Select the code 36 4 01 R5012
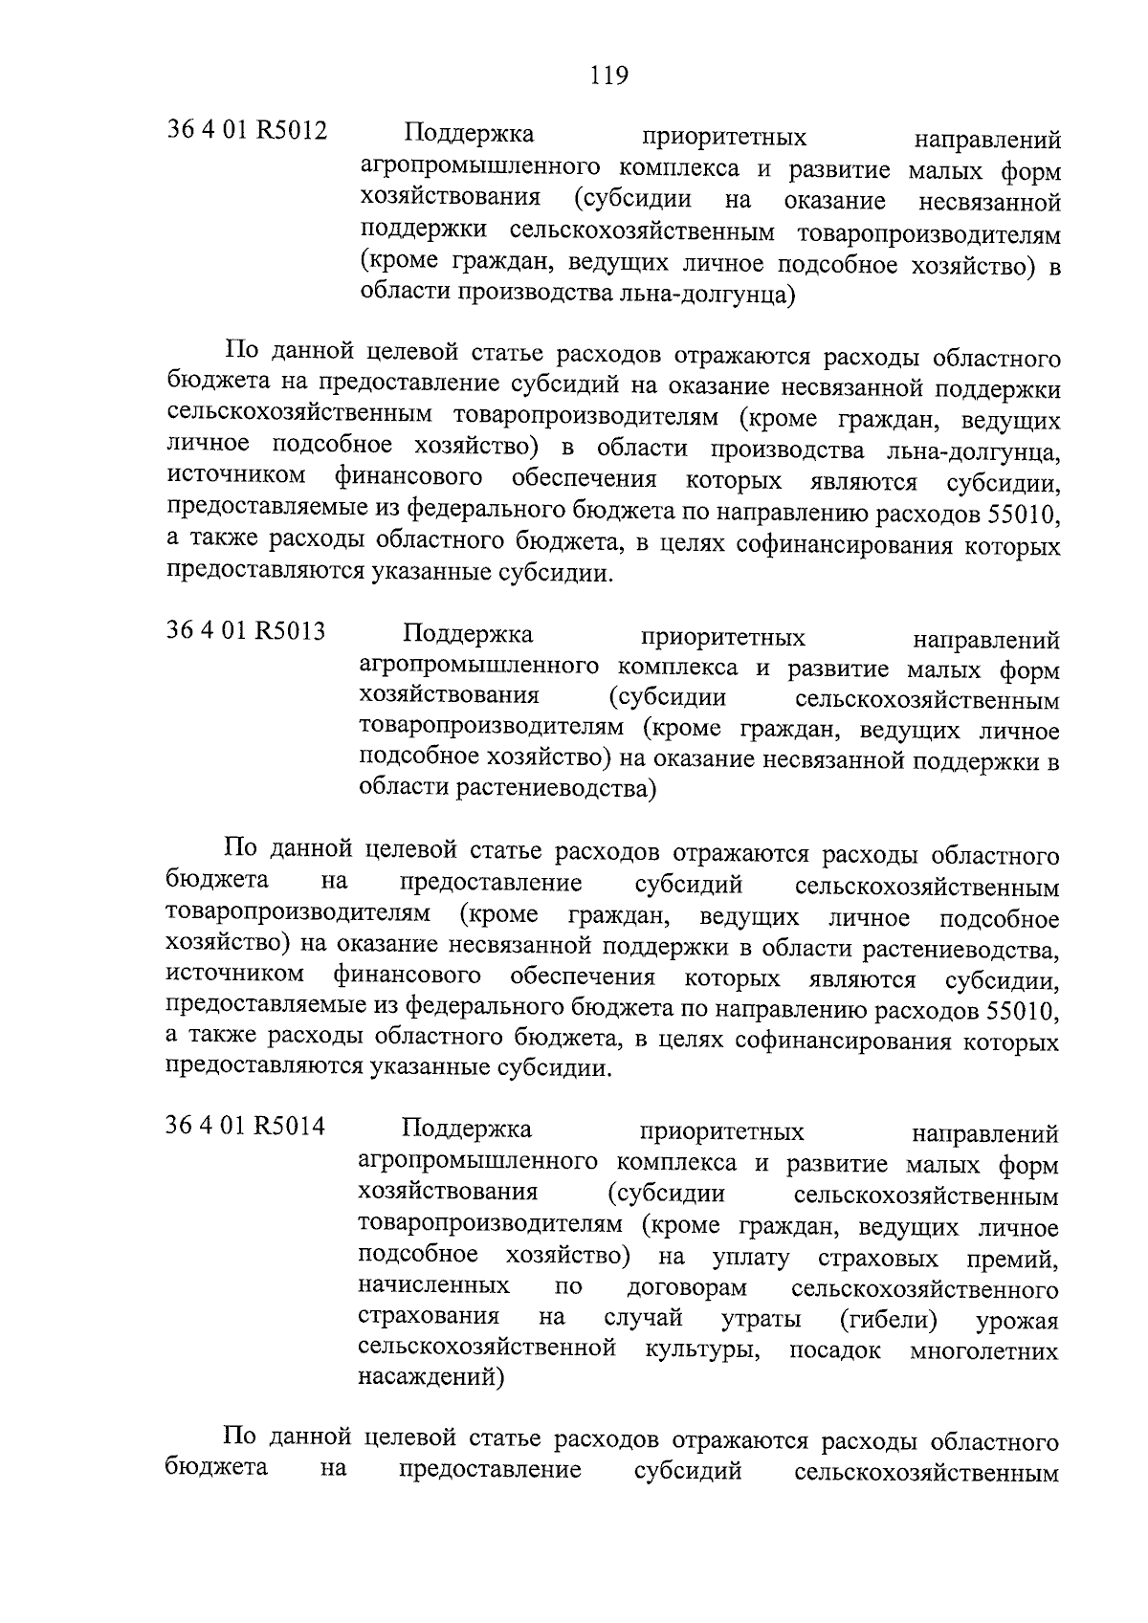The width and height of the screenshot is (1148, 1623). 247,130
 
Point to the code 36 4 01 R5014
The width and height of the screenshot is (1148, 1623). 246,1127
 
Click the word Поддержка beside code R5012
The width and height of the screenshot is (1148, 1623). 468,133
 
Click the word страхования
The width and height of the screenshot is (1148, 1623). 429,1318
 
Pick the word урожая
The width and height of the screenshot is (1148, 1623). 1017,1321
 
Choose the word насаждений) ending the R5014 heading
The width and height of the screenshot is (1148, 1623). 430,1378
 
